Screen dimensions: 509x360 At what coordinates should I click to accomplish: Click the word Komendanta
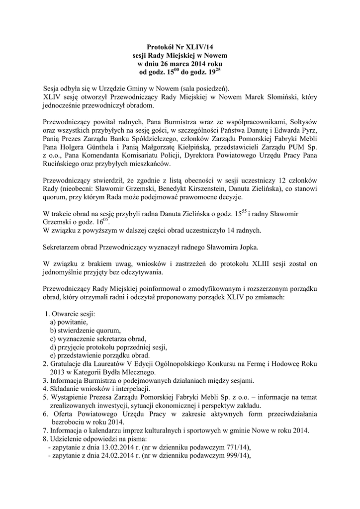tap(90, 156)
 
